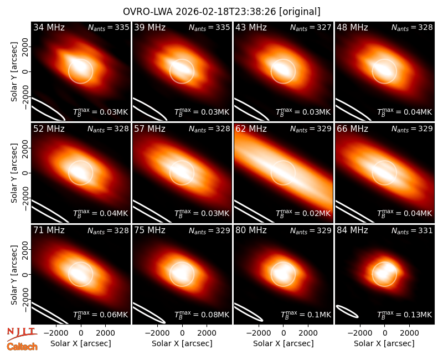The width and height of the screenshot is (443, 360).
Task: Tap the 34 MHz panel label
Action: (x=49, y=27)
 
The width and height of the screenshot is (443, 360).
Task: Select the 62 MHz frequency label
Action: (x=251, y=129)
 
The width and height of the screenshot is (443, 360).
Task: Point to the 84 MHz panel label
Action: (x=352, y=230)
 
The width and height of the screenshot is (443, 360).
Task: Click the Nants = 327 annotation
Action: (x=311, y=27)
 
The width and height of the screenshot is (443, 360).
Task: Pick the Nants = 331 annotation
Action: (x=412, y=230)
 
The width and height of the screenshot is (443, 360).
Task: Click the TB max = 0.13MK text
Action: (x=405, y=314)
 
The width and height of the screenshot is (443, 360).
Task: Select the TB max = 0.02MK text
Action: (x=303, y=213)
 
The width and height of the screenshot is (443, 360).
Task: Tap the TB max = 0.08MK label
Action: (x=202, y=314)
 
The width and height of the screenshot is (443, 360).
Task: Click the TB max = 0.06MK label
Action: (x=101, y=314)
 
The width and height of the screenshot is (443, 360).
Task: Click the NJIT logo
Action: (x=22, y=333)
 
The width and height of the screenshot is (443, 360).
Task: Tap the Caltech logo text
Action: (x=22, y=347)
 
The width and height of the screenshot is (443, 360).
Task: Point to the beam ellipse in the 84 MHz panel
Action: (x=347, y=311)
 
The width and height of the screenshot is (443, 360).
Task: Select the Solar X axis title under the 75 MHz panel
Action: (x=182, y=343)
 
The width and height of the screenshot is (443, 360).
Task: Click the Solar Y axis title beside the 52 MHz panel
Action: (x=14, y=173)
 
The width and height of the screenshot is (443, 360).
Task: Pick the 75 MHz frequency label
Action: (x=150, y=230)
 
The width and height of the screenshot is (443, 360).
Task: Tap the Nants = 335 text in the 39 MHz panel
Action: (x=209, y=27)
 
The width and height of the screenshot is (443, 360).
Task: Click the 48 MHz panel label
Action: (x=352, y=27)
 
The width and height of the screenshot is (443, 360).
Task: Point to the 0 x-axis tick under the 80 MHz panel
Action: (x=284, y=333)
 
